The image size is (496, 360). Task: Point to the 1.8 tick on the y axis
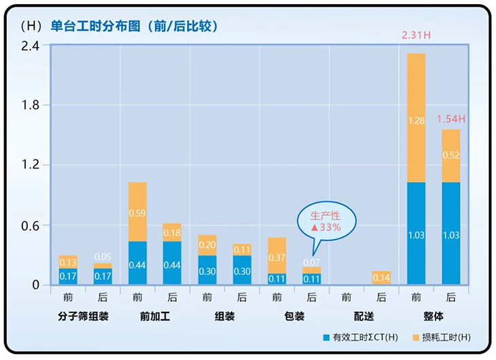pos(30,105)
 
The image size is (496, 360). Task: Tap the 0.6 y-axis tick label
pos(30,226)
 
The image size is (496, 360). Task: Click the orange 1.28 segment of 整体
pos(416,119)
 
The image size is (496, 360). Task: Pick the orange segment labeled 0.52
pos(450,156)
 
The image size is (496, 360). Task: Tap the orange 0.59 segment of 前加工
pos(138,212)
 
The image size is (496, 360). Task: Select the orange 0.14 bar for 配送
pos(380,277)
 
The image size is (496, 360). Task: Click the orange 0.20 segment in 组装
pos(207,245)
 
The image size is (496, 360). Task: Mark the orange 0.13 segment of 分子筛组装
pos(68,262)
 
